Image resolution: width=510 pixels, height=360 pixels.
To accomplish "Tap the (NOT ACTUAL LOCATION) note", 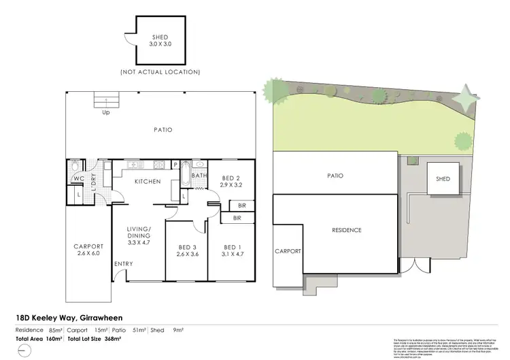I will (160, 71).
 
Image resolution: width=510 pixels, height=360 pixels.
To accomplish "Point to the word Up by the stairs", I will (105, 112).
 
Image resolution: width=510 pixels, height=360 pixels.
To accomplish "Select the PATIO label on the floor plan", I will (162, 129).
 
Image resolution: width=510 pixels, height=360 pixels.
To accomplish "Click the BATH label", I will (199, 176).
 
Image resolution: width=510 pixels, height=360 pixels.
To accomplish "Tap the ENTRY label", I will (124, 264).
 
